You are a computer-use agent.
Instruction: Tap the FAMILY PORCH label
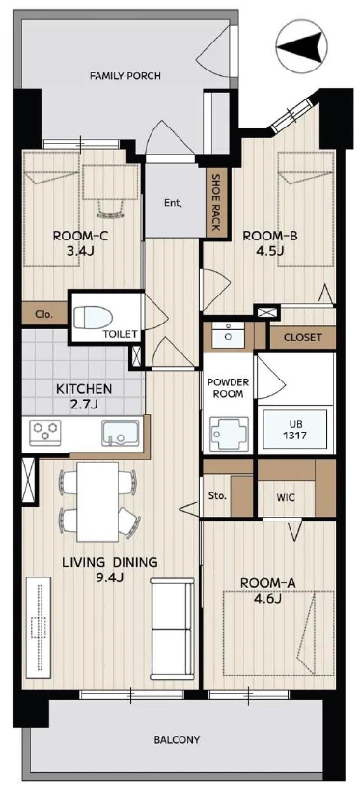tap(125, 76)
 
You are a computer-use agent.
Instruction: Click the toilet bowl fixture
tap(93, 318)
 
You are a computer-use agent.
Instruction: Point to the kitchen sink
tap(121, 434)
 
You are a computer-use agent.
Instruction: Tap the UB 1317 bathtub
tap(295, 428)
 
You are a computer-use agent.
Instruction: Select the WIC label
tap(285, 498)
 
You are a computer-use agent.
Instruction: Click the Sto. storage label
tap(217, 496)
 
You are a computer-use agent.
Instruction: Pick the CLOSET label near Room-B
tap(303, 337)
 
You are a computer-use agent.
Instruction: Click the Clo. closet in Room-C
tap(44, 314)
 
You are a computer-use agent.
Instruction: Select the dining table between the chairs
tap(97, 501)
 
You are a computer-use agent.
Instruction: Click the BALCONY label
tap(177, 740)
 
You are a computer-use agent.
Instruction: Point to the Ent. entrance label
tap(173, 204)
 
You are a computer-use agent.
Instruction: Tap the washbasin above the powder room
tap(228, 335)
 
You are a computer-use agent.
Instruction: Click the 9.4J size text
tap(110, 577)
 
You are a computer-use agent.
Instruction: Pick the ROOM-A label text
tap(268, 584)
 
